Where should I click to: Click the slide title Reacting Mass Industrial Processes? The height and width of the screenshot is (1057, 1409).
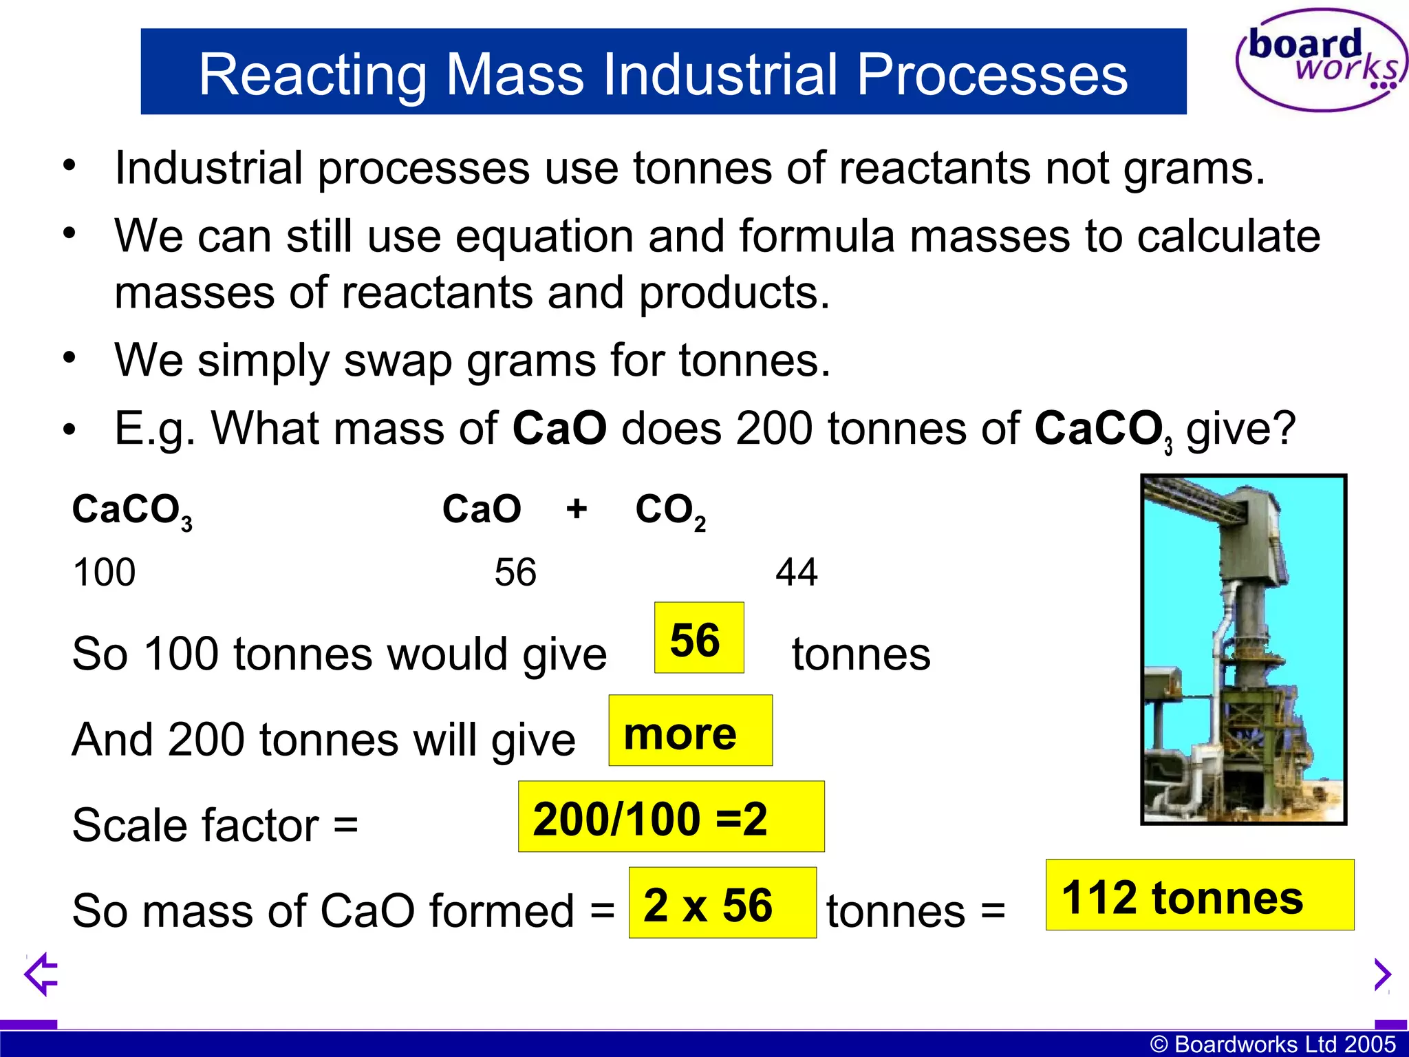[663, 73]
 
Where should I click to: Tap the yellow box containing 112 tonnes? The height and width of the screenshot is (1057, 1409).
[1199, 895]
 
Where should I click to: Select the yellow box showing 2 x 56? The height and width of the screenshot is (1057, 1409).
[722, 903]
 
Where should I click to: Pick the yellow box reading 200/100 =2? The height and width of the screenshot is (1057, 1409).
[671, 817]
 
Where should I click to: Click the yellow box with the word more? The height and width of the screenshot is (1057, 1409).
[690, 731]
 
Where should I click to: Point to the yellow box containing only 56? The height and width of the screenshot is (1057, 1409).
[698, 638]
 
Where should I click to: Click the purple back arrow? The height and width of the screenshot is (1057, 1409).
[41, 974]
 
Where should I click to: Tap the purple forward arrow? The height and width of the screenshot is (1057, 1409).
[1381, 974]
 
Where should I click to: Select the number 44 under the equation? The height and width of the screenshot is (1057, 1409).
[796, 572]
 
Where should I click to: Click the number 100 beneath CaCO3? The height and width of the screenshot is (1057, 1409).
[104, 572]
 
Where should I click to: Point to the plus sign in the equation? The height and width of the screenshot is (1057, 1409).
[577, 509]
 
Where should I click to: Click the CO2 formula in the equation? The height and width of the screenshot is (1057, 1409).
[670, 511]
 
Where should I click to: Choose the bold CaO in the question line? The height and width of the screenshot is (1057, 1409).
[559, 428]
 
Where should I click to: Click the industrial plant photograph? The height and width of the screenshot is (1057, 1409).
[1243, 649]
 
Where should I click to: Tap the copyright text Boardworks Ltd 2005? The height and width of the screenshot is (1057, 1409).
[1273, 1044]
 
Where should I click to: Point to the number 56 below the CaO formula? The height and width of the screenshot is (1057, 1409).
[515, 572]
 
